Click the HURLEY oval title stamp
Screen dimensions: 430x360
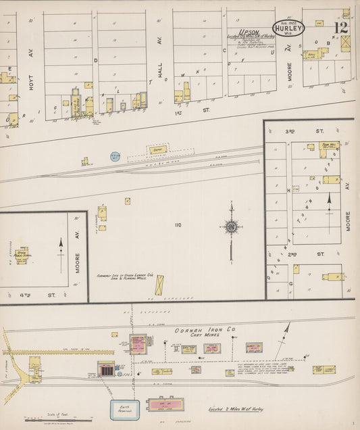(x=288, y=28)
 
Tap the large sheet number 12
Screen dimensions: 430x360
(x=340, y=28)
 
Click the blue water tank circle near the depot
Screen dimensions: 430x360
(x=115, y=156)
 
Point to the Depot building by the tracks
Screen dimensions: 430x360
(x=157, y=149)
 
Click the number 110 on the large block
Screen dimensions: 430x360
(x=178, y=224)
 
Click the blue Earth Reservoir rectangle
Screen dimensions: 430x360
(x=125, y=409)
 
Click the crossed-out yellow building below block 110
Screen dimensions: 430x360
(x=159, y=285)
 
